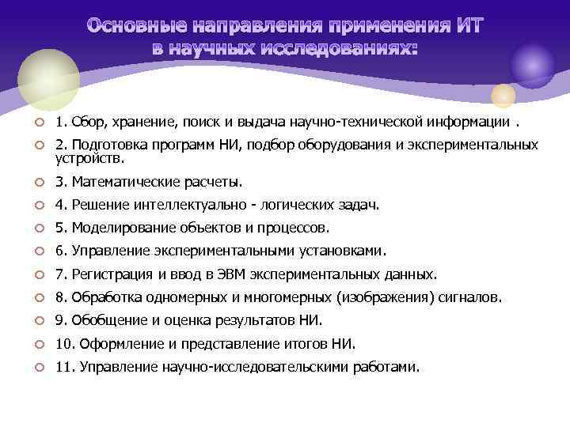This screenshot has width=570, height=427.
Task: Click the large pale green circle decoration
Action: point(49,80)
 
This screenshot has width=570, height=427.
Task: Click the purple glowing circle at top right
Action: point(532,64)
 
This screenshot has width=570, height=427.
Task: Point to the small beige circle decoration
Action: point(503,96)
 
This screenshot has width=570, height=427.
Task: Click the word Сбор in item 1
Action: point(87,122)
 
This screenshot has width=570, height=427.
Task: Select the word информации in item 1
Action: point(470,122)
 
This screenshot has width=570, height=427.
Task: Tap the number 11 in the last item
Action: point(62,367)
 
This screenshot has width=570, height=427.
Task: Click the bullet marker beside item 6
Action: point(39,252)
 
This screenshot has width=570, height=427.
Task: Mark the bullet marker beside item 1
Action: point(39,123)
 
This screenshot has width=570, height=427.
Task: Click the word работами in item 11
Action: point(388,367)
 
